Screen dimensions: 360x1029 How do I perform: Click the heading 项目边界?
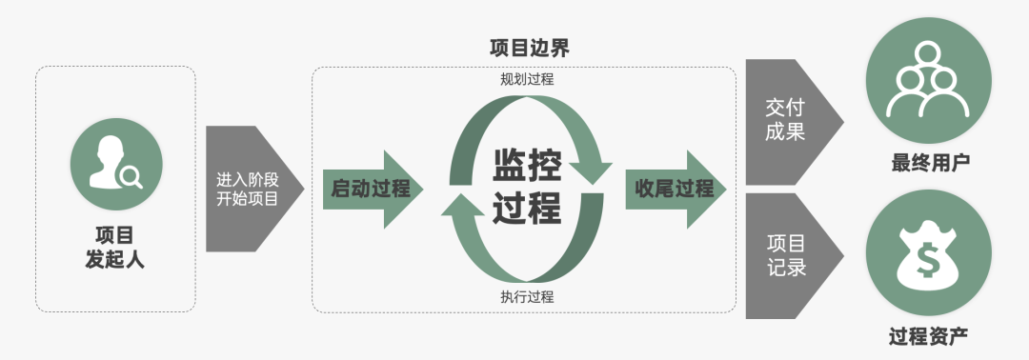(529, 48)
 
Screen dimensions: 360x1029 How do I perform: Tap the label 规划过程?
(527, 79)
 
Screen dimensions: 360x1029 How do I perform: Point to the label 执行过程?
(527, 296)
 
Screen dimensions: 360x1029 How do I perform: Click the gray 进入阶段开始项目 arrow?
(250, 189)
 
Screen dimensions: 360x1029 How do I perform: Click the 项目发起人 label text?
(115, 247)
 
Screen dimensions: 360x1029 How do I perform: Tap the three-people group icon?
(928, 82)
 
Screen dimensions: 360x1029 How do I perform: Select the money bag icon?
(928, 253)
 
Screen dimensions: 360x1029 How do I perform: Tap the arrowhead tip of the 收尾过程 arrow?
(724, 189)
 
